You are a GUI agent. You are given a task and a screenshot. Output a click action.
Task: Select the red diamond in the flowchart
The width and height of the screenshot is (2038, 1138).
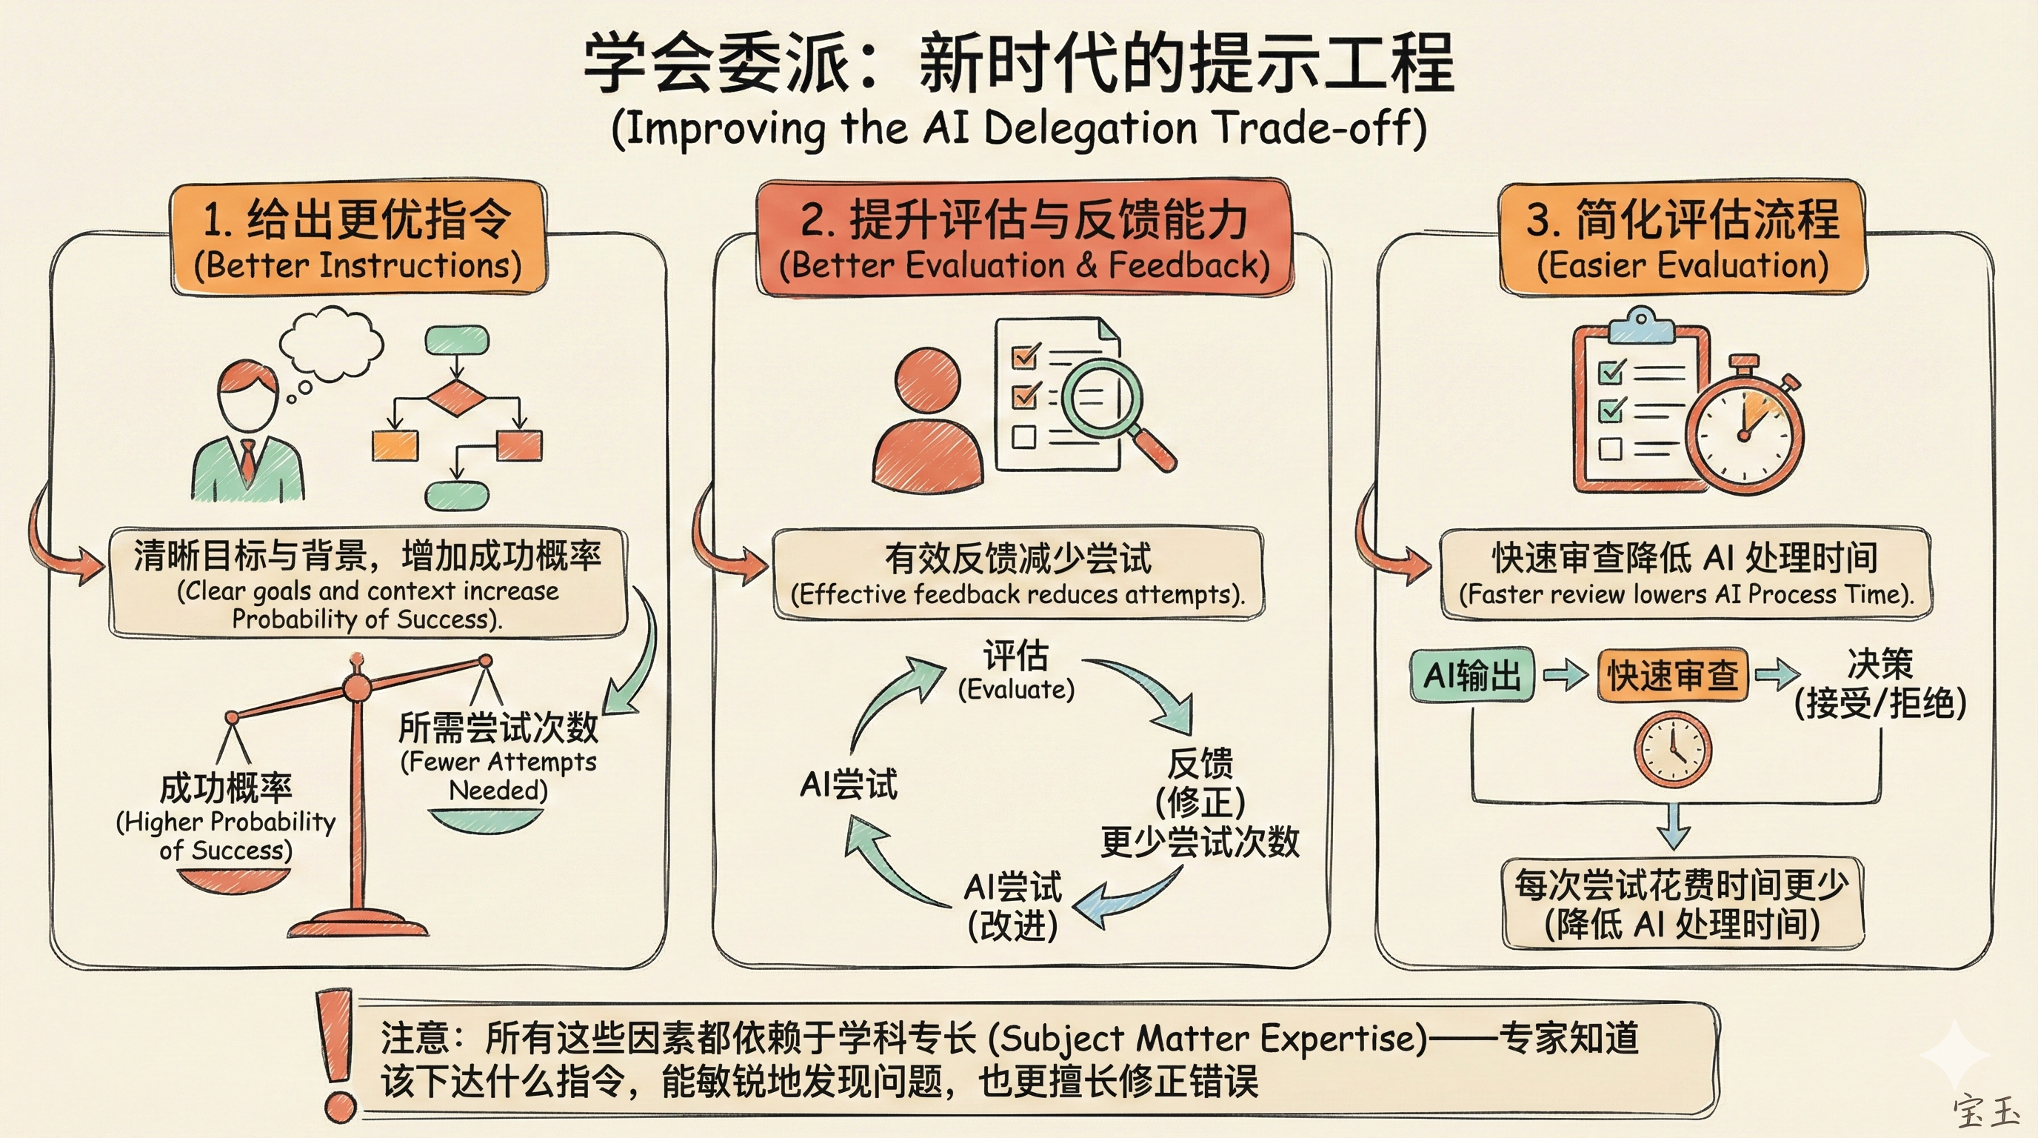[456, 397]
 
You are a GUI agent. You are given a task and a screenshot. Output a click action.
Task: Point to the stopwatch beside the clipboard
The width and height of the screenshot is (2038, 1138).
[1745, 433]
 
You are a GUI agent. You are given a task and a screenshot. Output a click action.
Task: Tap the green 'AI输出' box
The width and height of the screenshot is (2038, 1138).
[1471, 675]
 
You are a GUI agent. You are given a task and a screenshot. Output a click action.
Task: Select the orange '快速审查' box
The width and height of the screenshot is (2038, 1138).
[1671, 675]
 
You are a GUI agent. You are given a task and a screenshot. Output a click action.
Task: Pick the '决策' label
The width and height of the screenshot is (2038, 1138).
[1880, 663]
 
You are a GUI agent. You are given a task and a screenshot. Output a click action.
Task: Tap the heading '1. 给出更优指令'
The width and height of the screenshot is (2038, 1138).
[358, 219]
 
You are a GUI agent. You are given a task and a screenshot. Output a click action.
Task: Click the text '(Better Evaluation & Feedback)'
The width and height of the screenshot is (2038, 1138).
[1023, 266]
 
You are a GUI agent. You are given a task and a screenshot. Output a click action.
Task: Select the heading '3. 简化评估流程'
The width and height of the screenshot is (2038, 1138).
[1683, 219]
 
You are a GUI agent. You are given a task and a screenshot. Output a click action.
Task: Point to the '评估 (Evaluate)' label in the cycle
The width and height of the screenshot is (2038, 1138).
[1016, 670]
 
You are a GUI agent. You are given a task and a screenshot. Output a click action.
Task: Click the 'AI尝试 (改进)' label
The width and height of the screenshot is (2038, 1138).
[1012, 906]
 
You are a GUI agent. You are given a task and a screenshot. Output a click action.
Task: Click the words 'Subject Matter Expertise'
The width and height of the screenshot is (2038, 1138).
[1207, 1038]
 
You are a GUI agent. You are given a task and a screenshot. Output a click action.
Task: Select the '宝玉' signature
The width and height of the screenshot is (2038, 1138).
[1984, 1111]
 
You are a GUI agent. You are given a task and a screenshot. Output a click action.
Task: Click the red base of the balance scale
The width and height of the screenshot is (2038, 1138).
[358, 924]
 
